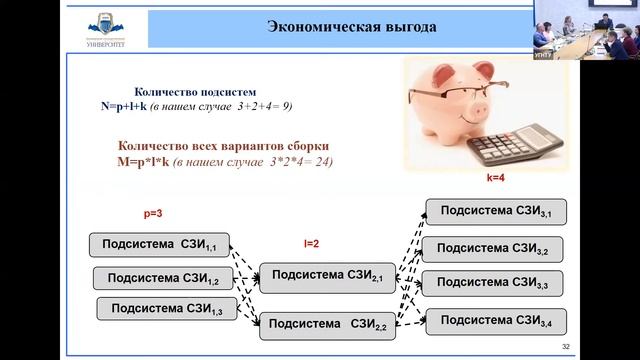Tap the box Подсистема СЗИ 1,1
click(x=160, y=244)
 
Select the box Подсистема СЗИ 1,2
click(x=163, y=277)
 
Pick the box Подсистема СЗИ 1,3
click(x=167, y=309)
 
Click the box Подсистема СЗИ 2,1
click(x=325, y=276)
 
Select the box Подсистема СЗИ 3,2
click(x=493, y=249)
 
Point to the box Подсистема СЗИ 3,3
click(x=493, y=284)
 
